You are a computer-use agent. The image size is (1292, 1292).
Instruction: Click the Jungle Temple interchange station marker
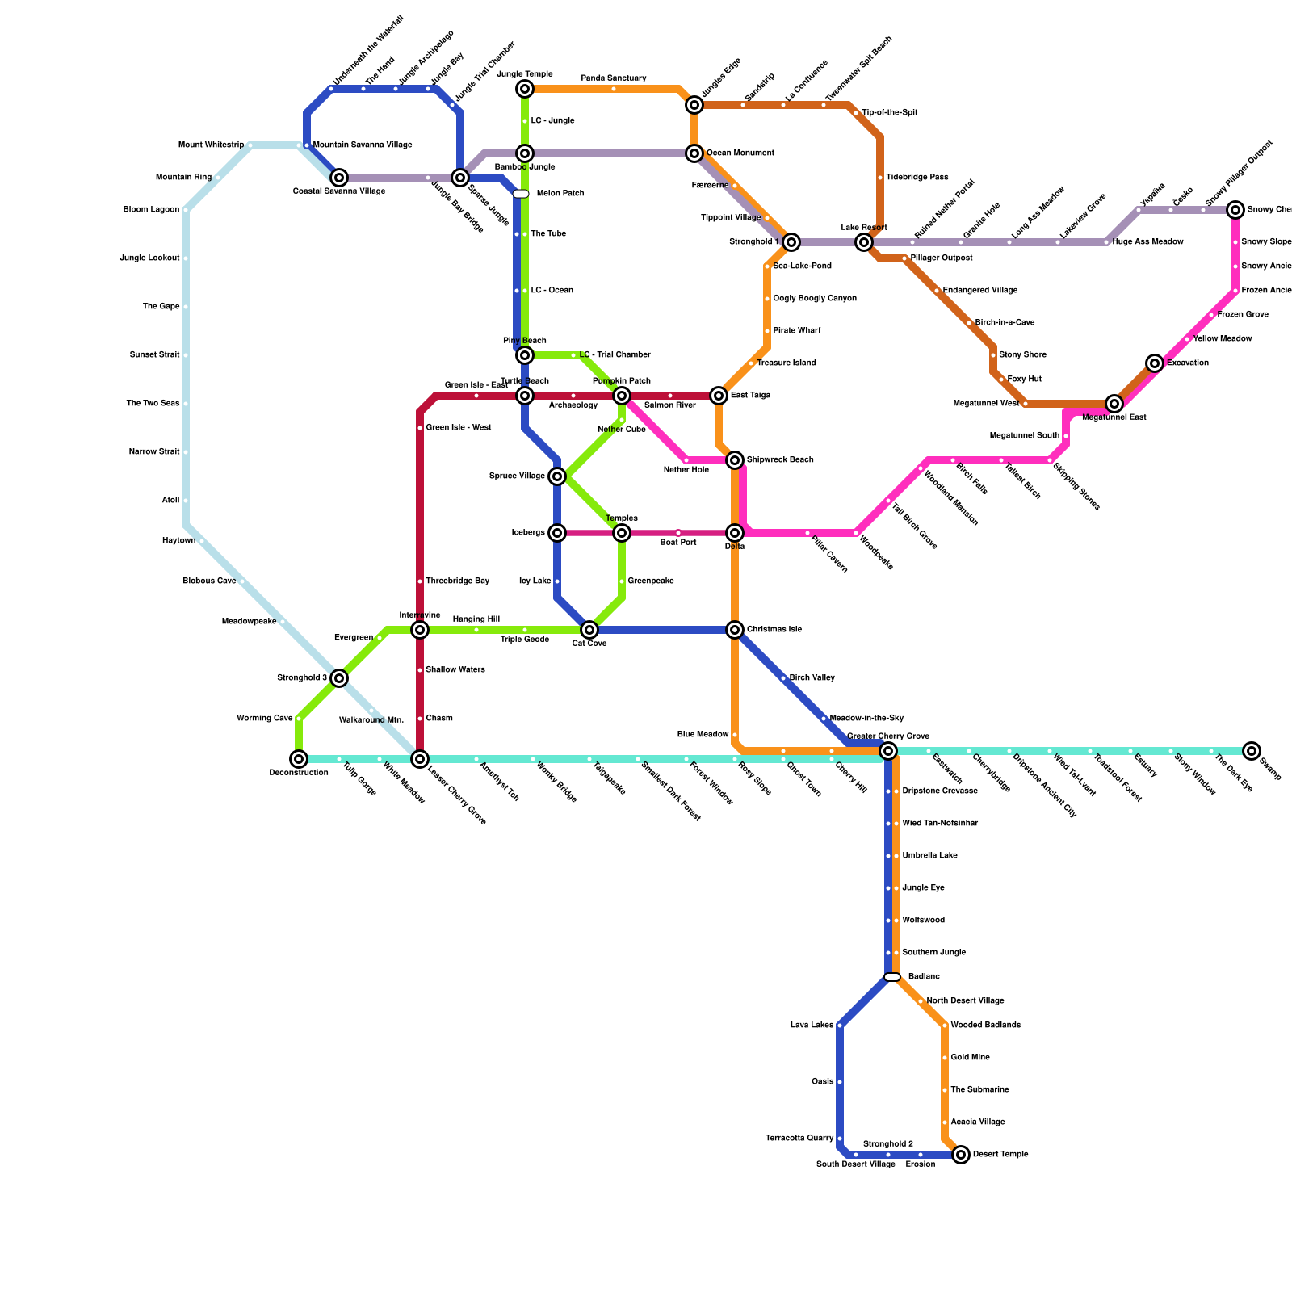[x=525, y=89]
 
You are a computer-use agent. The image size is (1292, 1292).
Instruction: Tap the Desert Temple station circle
[x=961, y=1155]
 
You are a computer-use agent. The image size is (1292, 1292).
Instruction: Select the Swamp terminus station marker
[x=1252, y=751]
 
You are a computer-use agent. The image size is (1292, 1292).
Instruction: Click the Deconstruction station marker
[x=299, y=759]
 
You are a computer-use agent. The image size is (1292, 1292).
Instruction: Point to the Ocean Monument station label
[x=740, y=153]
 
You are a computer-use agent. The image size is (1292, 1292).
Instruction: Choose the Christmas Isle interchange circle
[x=735, y=630]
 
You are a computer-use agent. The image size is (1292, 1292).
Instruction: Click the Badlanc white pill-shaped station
[x=892, y=977]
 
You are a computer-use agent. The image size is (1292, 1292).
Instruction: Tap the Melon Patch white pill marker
[x=521, y=194]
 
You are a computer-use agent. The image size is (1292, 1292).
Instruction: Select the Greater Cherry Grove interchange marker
[x=888, y=751]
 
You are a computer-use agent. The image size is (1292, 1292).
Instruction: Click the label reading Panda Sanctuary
[x=614, y=78]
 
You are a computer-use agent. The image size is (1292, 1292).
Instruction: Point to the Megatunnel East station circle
[x=1114, y=404]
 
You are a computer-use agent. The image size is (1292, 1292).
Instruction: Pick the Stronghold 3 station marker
[x=339, y=678]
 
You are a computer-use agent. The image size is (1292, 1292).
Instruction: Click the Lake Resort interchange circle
[x=864, y=242]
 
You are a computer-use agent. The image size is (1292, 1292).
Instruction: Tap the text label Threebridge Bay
[x=457, y=581]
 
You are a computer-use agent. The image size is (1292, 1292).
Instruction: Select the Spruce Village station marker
[x=557, y=476]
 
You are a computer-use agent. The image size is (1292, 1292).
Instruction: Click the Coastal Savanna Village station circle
[x=339, y=178]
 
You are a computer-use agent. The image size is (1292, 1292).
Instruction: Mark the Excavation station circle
[x=1155, y=363]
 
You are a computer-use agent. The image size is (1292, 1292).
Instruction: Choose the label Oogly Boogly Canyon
[x=814, y=299]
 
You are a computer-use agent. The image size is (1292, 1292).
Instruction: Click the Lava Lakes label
[x=812, y=1026]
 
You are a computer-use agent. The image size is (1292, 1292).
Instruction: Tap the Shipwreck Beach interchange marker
[x=735, y=460]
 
